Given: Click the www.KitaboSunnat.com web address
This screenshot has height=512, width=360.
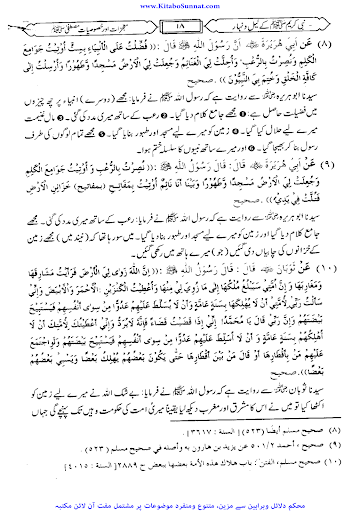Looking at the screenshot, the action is [x=180, y=5].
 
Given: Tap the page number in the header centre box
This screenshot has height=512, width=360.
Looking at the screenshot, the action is [x=180, y=22].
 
